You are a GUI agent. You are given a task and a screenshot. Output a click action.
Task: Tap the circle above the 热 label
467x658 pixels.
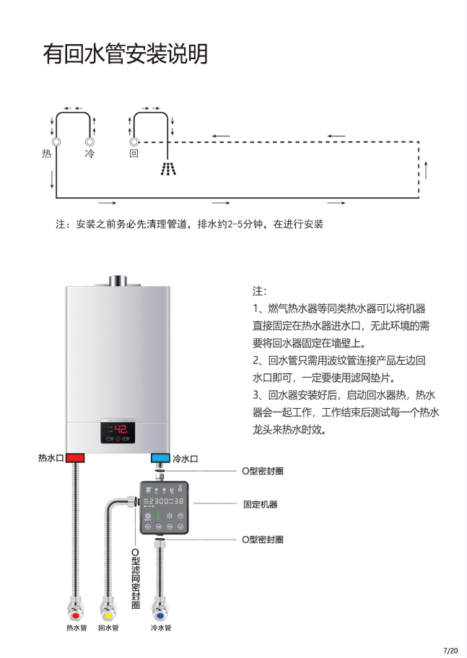tap(56, 142)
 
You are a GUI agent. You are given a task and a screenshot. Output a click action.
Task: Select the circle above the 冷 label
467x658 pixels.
tap(90, 142)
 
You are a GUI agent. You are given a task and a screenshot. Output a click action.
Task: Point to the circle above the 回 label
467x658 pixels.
tap(134, 142)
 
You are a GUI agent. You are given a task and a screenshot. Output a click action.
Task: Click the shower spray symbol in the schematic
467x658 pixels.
tap(168, 169)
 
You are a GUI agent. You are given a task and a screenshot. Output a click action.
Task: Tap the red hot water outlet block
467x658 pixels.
tap(75, 458)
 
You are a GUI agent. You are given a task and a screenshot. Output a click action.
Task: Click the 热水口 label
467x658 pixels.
tap(51, 458)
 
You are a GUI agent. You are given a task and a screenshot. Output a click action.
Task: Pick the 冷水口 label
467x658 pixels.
tap(186, 459)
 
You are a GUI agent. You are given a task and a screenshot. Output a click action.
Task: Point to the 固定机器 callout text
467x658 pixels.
tap(261, 504)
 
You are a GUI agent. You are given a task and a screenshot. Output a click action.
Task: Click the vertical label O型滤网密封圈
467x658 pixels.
tap(135, 579)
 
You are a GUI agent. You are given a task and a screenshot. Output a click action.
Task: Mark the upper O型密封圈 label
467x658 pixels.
tap(262, 470)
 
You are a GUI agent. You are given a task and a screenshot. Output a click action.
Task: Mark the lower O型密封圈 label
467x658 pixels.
tap(262, 540)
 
